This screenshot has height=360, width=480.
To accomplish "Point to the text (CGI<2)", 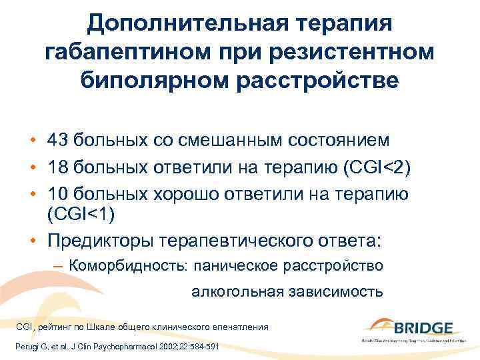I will click(381, 165).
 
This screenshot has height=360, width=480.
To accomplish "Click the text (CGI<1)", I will click(77, 214).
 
